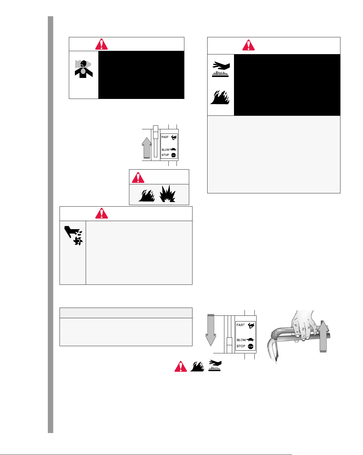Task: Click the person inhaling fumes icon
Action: tap(84, 69)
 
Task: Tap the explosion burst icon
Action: tap(167, 194)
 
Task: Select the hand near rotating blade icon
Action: tap(73, 235)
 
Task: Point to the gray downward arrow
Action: tap(211, 330)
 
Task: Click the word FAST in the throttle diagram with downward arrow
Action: tap(241, 325)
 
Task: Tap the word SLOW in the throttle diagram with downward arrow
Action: tap(241, 340)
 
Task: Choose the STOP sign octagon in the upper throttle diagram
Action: tap(173, 155)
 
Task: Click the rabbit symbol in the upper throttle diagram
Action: tap(174, 137)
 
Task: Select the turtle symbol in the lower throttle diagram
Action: tap(250, 340)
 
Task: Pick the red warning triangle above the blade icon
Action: tap(101, 213)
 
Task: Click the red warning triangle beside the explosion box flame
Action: tap(138, 177)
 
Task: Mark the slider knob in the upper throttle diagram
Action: tap(155, 132)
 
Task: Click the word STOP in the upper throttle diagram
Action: tap(165, 155)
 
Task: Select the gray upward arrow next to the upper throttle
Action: tap(146, 148)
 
